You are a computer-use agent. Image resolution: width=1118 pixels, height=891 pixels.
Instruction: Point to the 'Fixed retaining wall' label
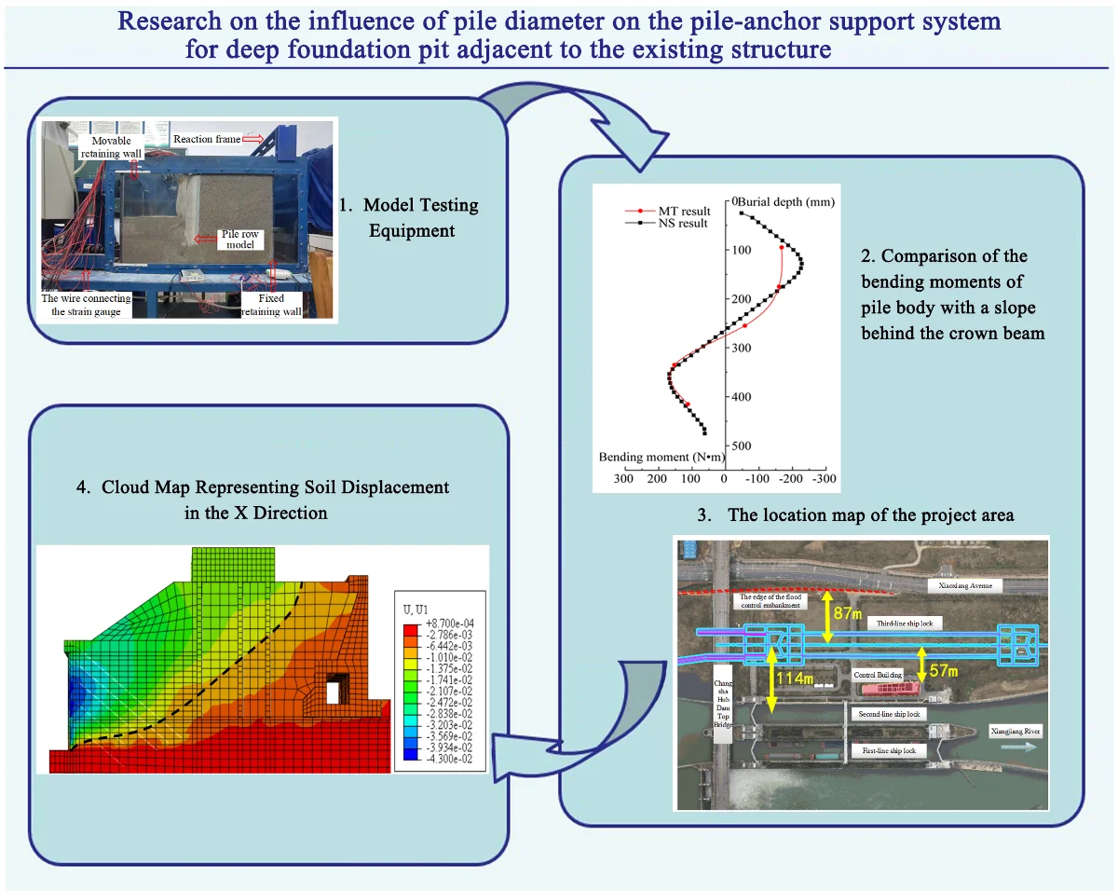pos(271,305)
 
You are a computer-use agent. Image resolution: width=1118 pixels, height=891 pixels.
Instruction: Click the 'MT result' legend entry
pos(683,212)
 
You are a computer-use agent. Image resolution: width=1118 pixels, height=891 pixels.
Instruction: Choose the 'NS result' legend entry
pos(683,224)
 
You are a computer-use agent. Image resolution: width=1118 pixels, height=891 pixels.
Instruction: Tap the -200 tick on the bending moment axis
pos(790,479)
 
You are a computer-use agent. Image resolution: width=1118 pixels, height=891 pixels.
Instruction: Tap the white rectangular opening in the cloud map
pos(333,692)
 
